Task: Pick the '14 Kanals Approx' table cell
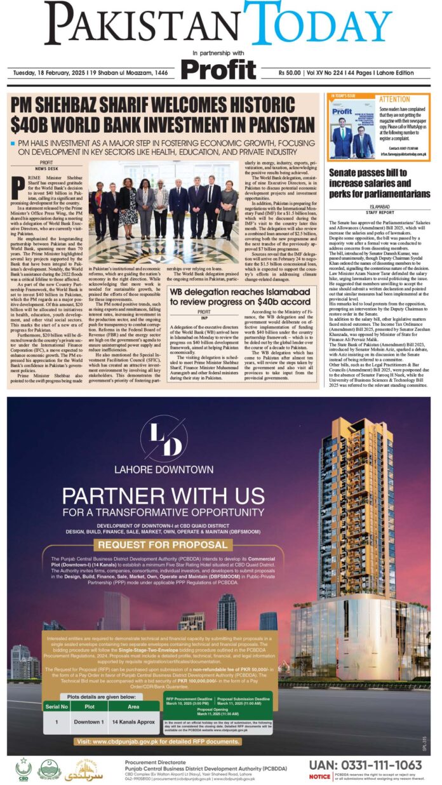click(134, 722)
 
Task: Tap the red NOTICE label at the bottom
click(319, 776)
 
